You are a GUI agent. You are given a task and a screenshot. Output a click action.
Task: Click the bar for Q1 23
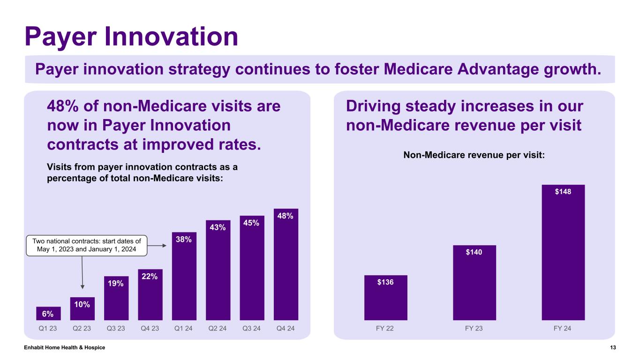[x=48, y=313]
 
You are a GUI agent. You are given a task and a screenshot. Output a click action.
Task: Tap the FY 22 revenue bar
[x=385, y=298]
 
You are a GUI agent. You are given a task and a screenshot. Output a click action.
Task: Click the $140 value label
[x=474, y=252]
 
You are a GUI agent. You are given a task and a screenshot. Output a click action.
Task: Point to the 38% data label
[x=184, y=239]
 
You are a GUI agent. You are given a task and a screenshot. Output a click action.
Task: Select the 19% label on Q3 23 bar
[x=116, y=283]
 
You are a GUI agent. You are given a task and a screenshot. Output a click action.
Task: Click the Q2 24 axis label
[x=218, y=328]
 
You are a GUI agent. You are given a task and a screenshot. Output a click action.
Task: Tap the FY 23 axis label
[x=474, y=328]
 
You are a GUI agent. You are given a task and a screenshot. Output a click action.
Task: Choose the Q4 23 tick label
[x=150, y=328]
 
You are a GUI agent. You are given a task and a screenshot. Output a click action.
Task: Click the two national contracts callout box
[x=86, y=246]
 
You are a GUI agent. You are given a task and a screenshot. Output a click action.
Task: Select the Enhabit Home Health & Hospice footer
[x=65, y=347]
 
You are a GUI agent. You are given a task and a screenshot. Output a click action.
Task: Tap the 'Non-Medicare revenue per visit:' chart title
[x=474, y=155]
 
